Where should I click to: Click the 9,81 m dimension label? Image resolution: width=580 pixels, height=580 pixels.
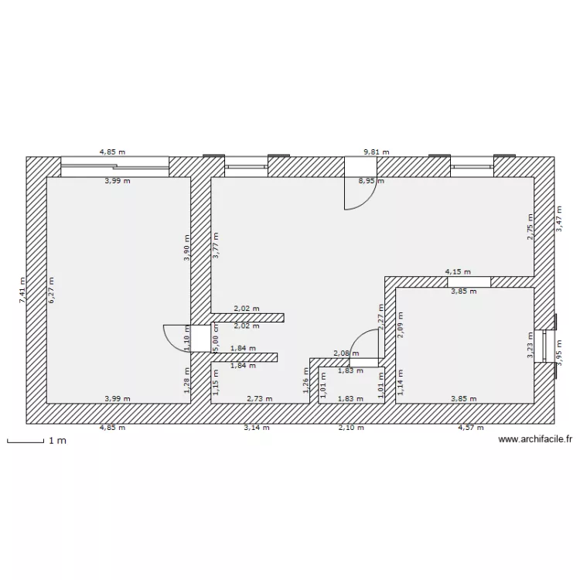[377, 152]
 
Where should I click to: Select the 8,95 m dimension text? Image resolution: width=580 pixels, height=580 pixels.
[370, 181]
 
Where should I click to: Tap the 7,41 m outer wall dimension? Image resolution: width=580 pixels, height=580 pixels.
[22, 292]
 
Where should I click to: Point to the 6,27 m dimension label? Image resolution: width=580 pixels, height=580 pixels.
[52, 291]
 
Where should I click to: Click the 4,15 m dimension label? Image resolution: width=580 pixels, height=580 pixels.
[457, 271]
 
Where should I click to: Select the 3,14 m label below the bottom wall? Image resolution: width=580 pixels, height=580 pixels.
[256, 427]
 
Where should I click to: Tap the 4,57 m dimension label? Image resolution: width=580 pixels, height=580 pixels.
[470, 427]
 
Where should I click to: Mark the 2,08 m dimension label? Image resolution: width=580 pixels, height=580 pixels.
[345, 353]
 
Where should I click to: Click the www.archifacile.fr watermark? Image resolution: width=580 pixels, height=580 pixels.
[535, 439]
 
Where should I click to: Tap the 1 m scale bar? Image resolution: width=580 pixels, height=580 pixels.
[31, 442]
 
